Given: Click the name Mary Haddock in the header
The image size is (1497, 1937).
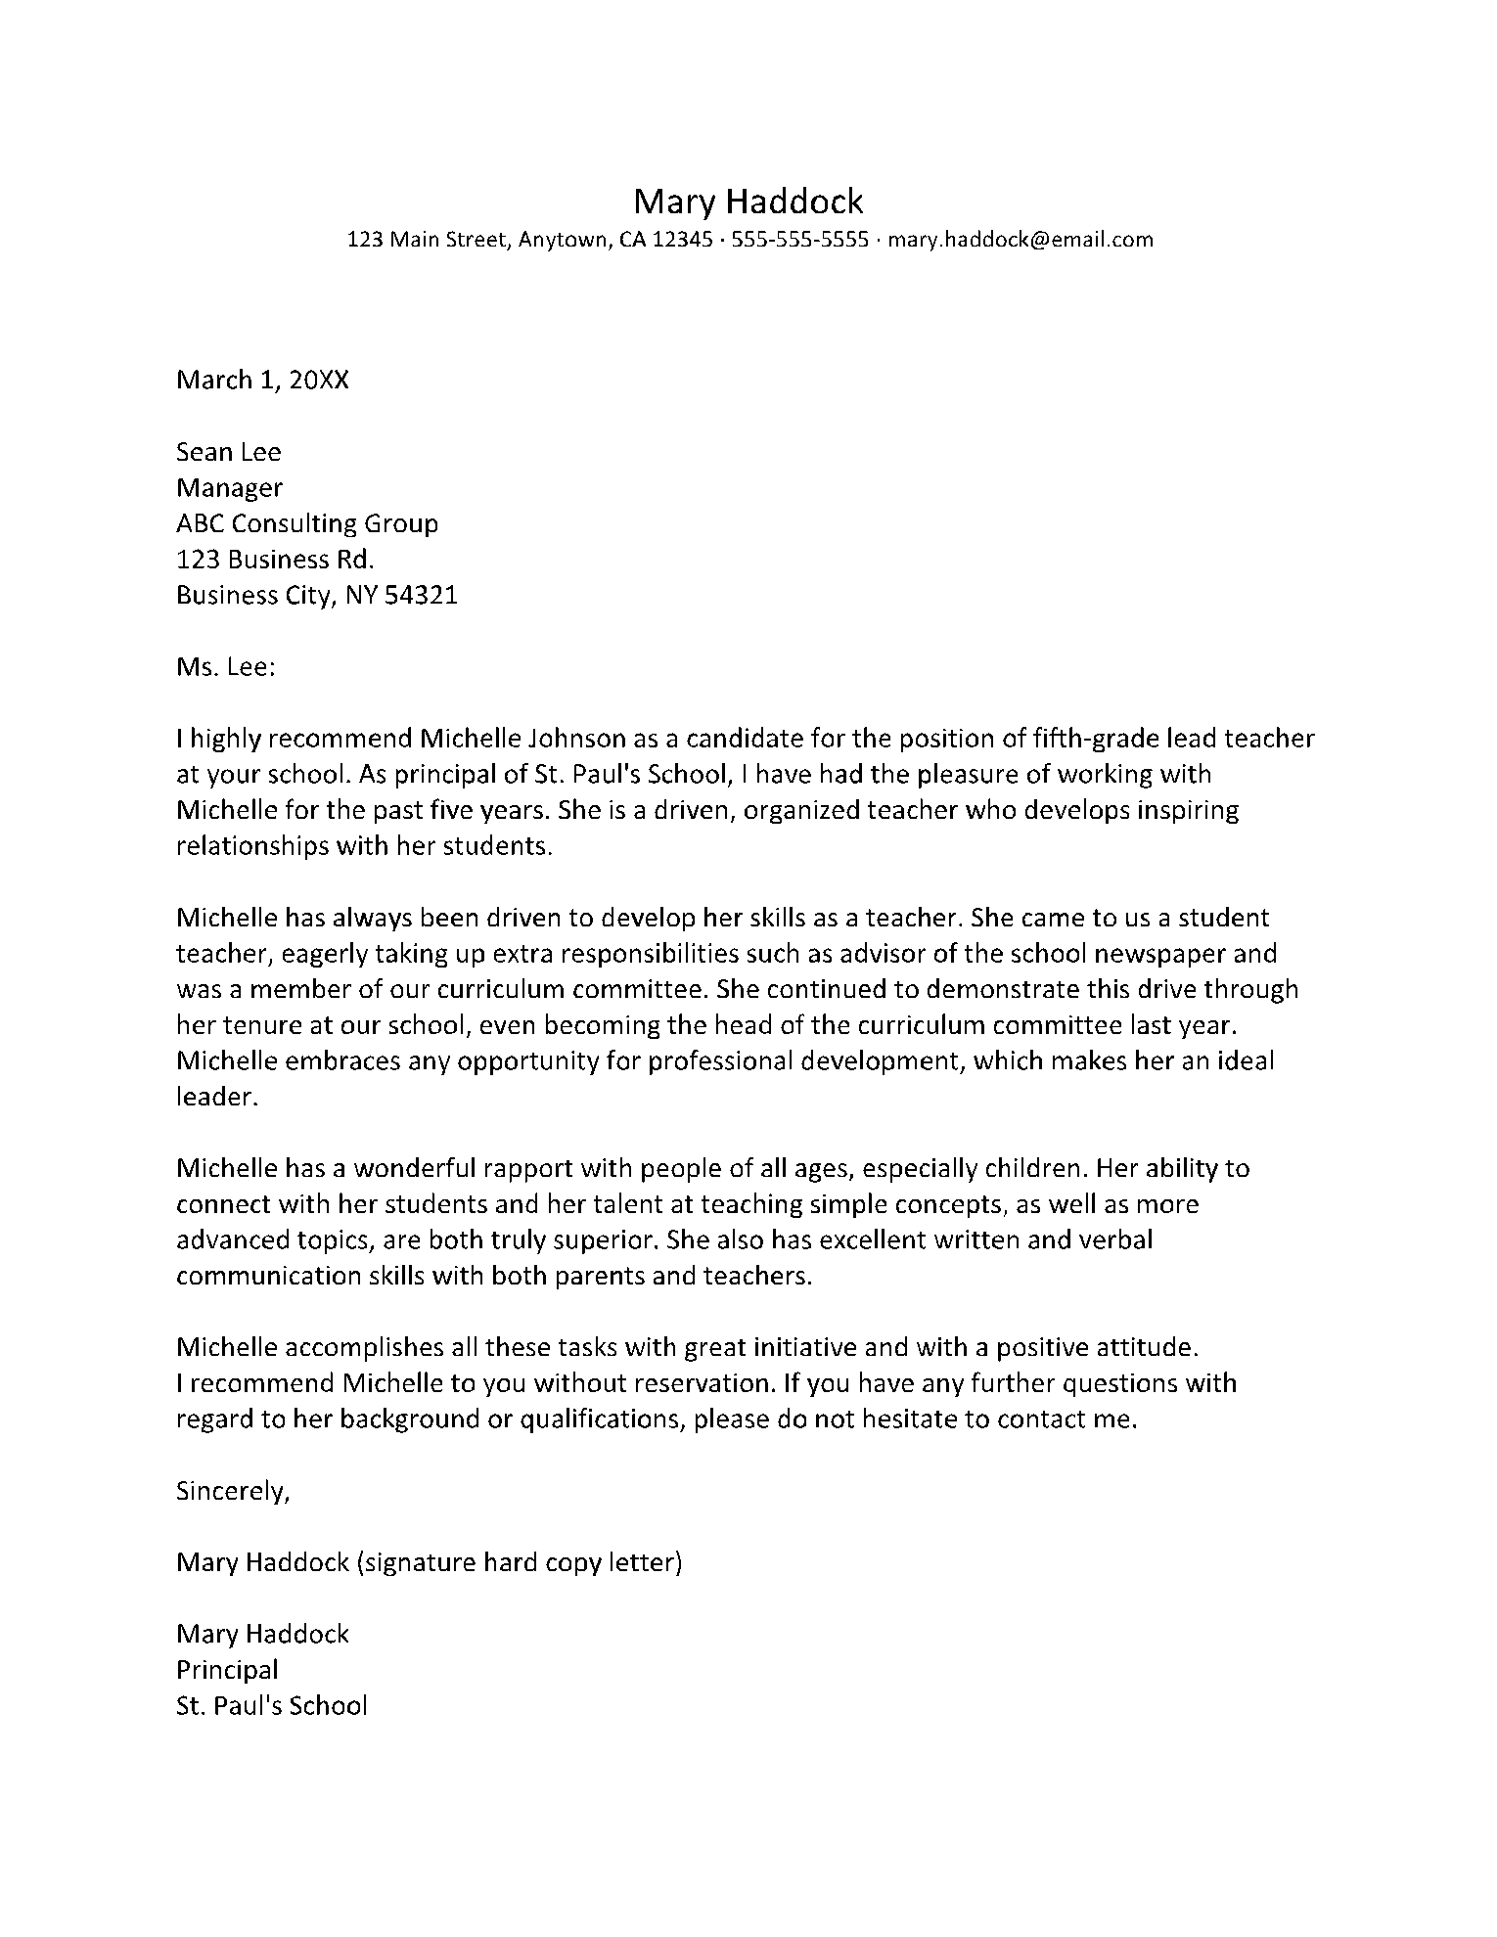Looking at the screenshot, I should pos(748,202).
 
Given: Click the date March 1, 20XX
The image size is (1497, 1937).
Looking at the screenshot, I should pos(262,381).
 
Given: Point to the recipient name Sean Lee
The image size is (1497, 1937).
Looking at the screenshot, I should pos(229,452).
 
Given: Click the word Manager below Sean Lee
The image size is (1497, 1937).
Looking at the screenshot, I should pos(229,488).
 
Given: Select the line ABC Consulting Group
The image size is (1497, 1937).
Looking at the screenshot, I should pos(307,523).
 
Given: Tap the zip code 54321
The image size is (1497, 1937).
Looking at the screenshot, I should pos(421,595).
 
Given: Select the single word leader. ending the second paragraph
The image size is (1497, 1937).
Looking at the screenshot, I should pos(217,1098).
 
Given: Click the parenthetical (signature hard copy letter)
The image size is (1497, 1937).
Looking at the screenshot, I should pos(520,1562).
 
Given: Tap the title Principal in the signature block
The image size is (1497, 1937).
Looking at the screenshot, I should pos(227,1670).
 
